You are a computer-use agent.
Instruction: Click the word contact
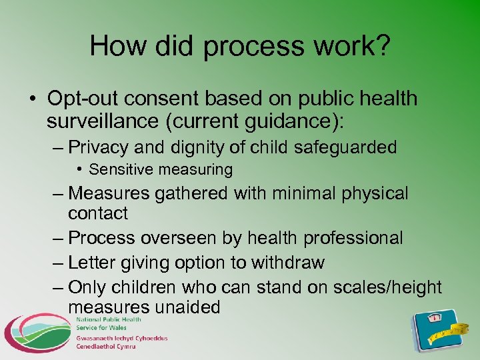[98, 214]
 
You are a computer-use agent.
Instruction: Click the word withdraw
[287, 263]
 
